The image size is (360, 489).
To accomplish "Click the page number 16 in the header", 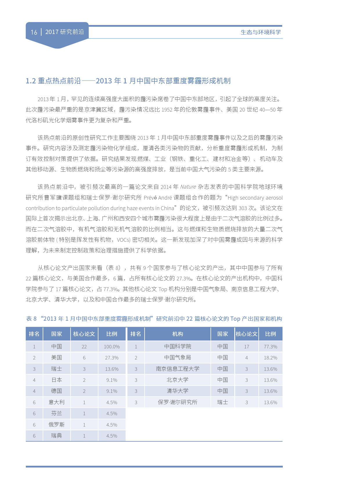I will click(x=34, y=32).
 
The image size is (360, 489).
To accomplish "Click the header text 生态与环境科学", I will click(x=261, y=32).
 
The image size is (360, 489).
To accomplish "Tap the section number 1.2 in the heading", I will click(x=31, y=81).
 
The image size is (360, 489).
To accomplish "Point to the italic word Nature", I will click(x=188, y=187).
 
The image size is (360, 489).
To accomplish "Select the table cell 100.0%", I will click(x=112, y=347).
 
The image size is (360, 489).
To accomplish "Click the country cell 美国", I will click(x=57, y=358).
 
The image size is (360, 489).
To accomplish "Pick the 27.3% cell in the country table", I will click(x=112, y=358).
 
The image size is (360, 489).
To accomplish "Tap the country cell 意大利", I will click(x=57, y=402).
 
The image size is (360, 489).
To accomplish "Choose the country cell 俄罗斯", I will click(x=57, y=424).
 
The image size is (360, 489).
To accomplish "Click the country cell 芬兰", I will click(x=57, y=413).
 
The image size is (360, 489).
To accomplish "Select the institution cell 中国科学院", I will click(x=178, y=347).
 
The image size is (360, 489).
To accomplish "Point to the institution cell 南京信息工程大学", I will click(x=178, y=369).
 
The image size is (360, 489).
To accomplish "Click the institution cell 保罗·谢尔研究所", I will click(x=178, y=402).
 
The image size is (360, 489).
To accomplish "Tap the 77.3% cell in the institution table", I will click(x=270, y=347).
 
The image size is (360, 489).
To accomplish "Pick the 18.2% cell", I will click(x=270, y=358).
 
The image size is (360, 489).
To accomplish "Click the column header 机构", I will click(x=178, y=334).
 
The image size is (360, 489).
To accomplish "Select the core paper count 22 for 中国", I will click(x=84, y=347).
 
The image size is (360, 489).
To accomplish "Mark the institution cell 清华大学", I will click(x=178, y=391).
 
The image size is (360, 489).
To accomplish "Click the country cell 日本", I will click(x=57, y=380).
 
